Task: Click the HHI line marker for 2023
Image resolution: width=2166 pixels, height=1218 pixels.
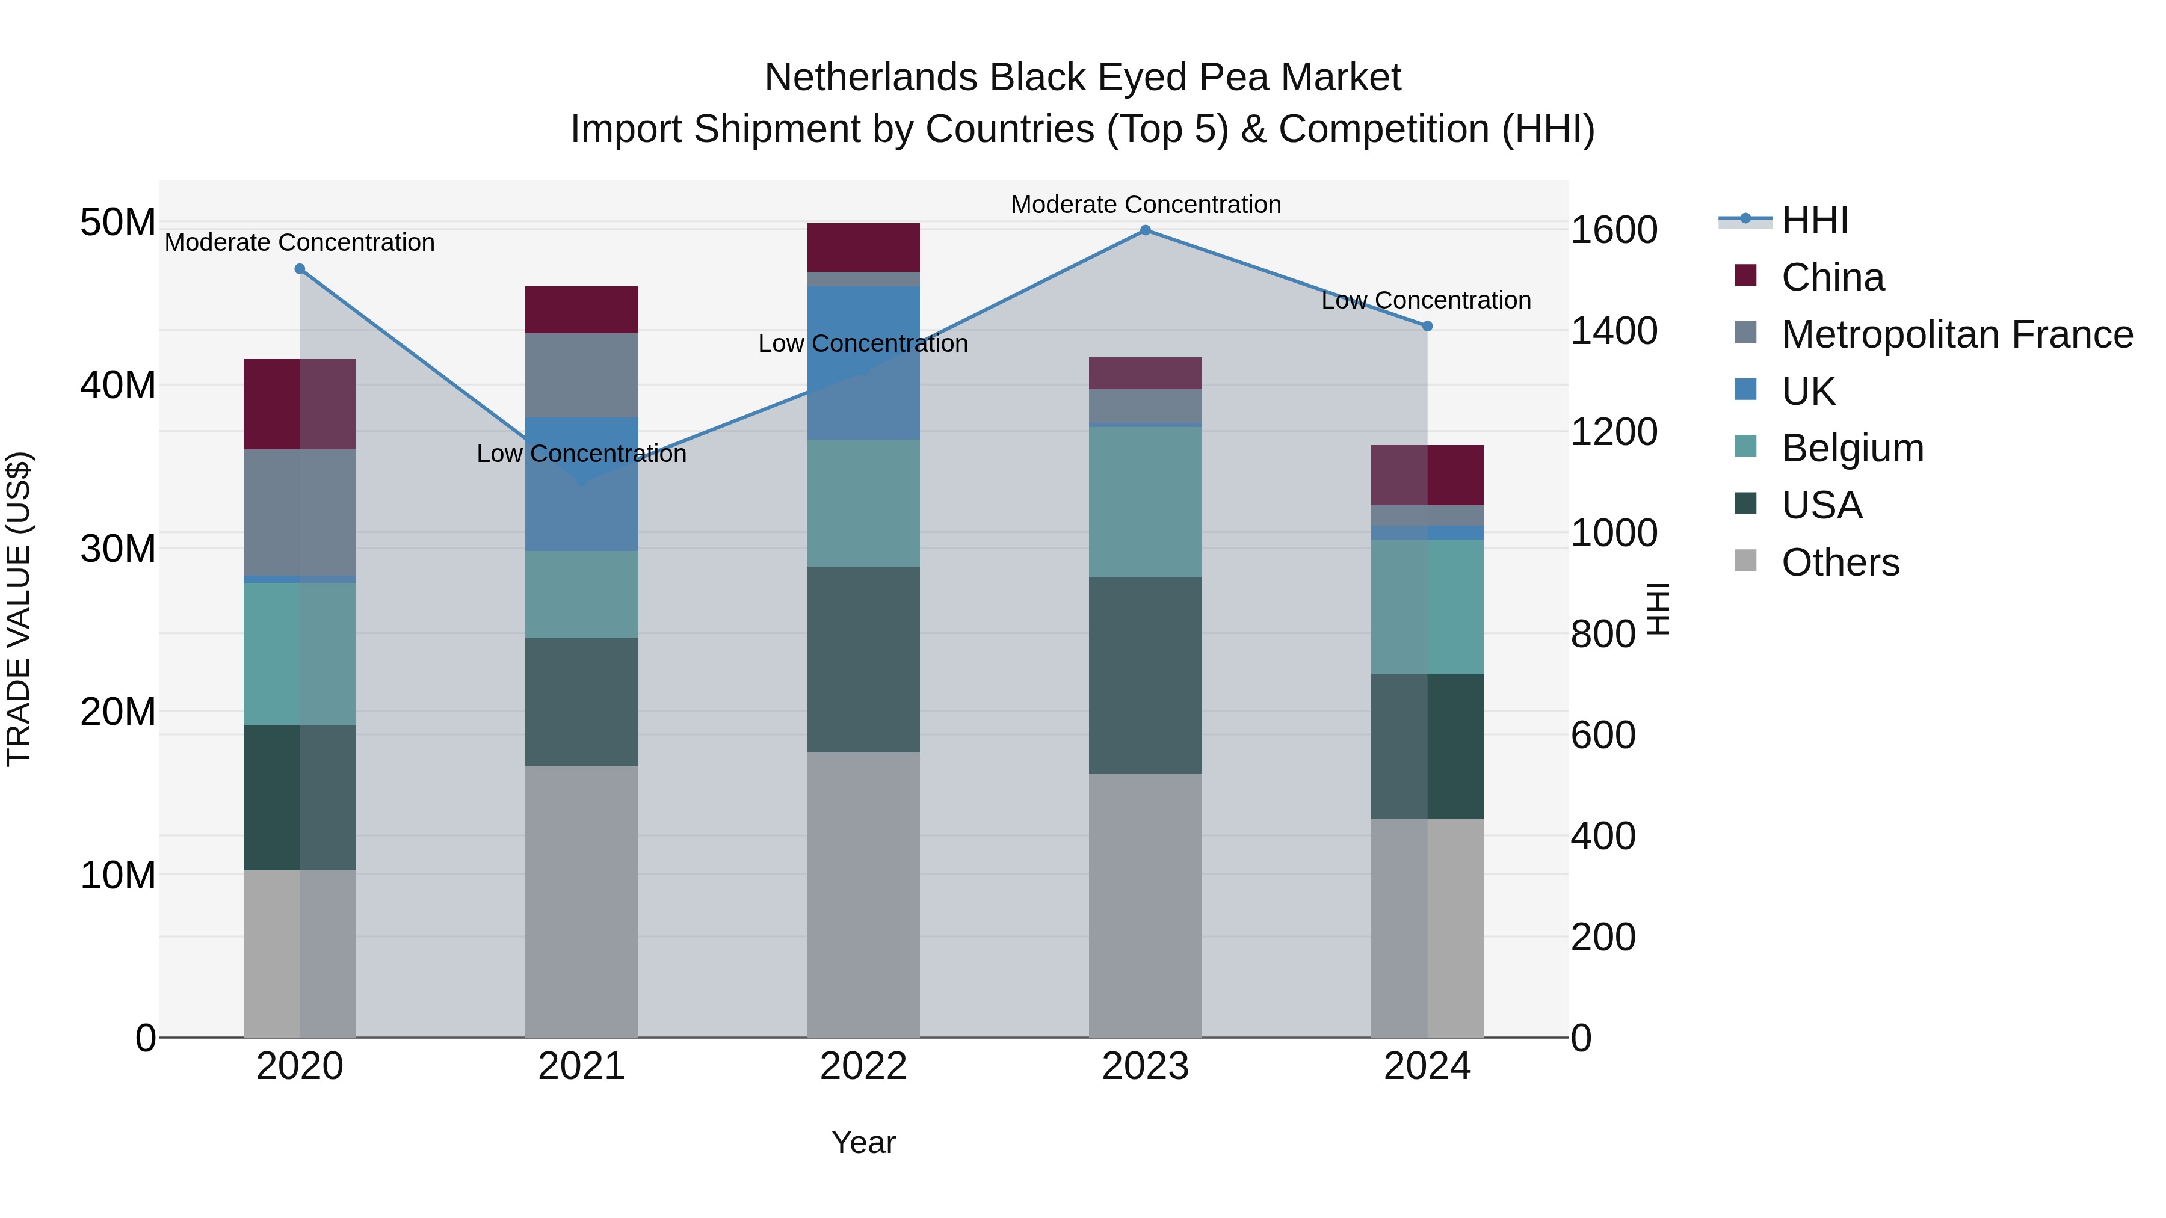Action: coord(1145,230)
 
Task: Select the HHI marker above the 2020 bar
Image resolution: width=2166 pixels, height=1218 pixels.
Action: coord(300,269)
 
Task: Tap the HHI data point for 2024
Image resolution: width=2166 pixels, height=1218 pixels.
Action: coord(1427,326)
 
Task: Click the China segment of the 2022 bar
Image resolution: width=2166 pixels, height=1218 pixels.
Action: coord(863,247)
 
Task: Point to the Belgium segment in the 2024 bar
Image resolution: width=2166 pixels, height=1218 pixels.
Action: coord(1427,606)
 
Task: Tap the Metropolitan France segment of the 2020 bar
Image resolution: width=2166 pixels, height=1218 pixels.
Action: coord(300,512)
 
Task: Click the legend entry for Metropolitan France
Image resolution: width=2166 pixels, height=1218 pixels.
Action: coord(1957,334)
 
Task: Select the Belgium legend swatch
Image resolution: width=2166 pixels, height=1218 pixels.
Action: coord(1745,447)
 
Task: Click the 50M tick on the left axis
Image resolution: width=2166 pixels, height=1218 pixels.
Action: coord(118,224)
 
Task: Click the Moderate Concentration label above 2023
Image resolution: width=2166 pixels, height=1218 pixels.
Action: coord(1145,205)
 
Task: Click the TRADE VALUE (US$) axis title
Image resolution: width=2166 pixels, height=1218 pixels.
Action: coord(19,609)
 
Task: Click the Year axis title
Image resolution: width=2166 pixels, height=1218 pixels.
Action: coord(863,1142)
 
